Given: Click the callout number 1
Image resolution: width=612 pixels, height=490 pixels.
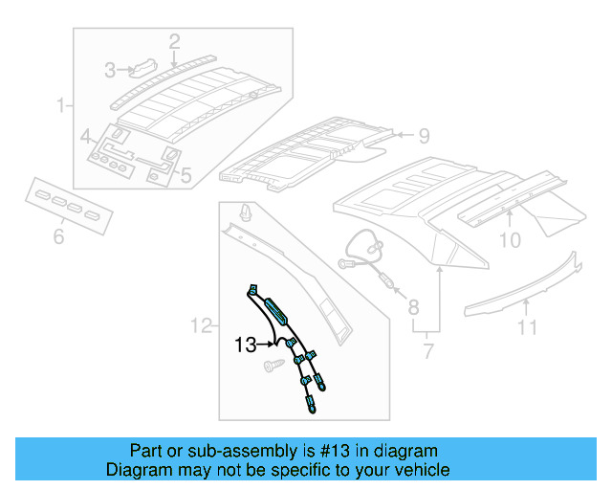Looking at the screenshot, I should coord(62,104).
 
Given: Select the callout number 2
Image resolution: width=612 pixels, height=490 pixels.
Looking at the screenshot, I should coord(174,41).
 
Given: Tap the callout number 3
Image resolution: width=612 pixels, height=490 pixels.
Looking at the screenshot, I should coord(111,70).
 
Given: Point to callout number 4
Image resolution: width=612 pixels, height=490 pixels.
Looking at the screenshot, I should coord(85,135).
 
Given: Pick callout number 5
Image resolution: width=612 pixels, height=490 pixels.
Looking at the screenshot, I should coord(186,175).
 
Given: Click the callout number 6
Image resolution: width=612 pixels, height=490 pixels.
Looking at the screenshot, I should coord(58,235).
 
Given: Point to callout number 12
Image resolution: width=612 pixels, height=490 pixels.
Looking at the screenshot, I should coord(201,327).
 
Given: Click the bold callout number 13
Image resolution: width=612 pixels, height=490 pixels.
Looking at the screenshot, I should coord(247,345).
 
